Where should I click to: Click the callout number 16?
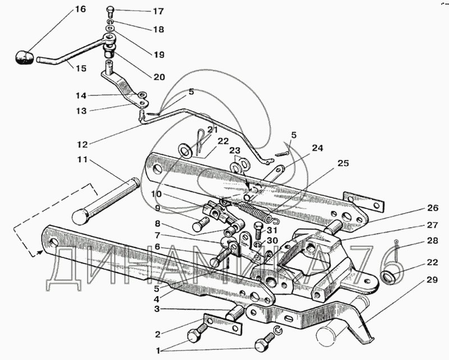80,10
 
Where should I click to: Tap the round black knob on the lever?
24,57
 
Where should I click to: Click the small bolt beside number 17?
109,11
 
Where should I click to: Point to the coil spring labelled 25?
256,208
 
